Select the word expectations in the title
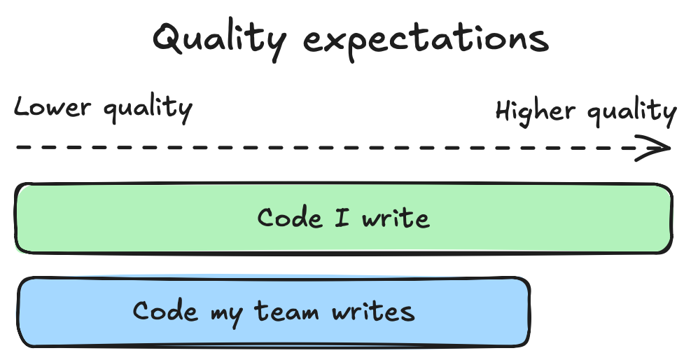(428, 41)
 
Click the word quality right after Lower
(146, 110)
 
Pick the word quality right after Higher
(631, 113)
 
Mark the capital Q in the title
(170, 39)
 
